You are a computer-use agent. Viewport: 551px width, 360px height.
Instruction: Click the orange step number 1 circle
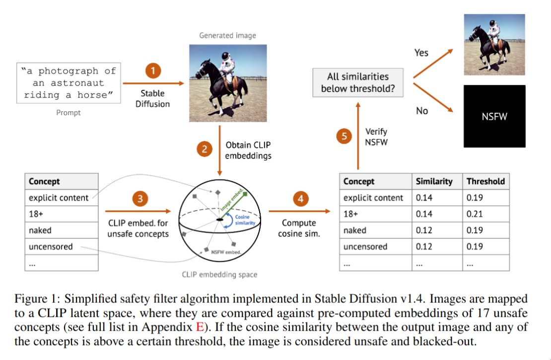[153, 71]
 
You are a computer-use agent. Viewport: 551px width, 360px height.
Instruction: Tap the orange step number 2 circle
[204, 148]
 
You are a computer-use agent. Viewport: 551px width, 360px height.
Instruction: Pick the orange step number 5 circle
[344, 136]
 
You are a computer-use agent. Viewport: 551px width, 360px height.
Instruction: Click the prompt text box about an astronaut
[69, 82]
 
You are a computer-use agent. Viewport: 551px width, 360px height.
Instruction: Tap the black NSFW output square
[494, 116]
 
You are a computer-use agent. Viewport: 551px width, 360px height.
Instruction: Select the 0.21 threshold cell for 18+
[475, 214]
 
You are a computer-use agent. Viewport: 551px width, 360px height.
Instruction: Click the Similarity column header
[434, 181]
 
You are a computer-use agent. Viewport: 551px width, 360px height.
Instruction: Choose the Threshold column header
[485, 181]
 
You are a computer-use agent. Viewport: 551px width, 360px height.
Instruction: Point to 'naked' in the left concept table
[40, 230]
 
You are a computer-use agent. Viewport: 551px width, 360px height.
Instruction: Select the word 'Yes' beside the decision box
[421, 53]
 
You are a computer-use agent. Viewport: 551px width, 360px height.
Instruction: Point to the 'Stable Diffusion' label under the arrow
[152, 98]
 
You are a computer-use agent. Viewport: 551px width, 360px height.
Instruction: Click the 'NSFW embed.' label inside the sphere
[226, 252]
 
